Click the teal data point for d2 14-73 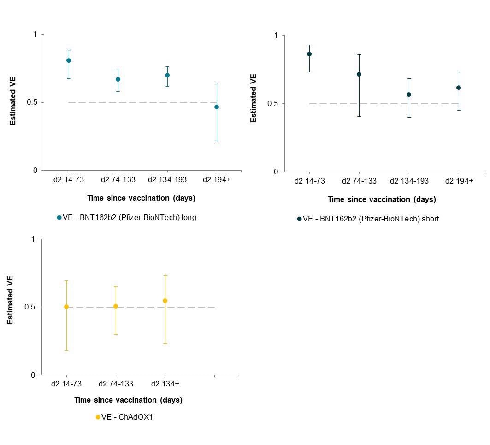coord(69,60)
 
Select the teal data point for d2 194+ coord(217,107)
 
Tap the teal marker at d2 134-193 coord(167,75)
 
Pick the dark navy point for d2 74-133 coord(359,74)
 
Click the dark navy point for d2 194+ coord(459,88)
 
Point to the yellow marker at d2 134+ coord(165,301)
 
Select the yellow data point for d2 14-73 coord(66,307)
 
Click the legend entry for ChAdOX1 coord(124,417)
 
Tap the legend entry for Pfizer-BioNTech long coord(127,217)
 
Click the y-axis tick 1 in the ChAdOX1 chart coord(33,239)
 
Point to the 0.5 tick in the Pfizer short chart coord(272,104)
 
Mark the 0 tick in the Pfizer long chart coord(35,171)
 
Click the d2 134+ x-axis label coord(165,384)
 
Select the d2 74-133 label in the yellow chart coord(116,384)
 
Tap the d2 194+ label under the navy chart coord(459,181)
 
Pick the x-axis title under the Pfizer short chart coord(382,200)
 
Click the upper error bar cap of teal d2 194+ coord(217,84)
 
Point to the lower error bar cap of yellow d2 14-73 coord(66,350)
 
